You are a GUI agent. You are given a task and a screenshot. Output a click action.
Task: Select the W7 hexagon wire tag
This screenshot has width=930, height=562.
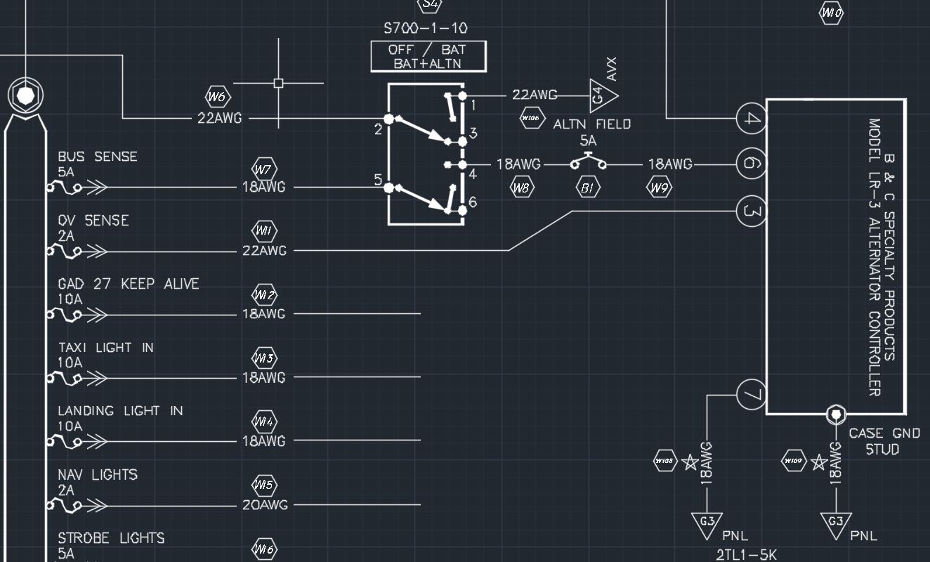pos(265,169)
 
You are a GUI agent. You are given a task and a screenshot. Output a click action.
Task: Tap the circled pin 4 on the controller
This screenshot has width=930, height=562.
pos(752,118)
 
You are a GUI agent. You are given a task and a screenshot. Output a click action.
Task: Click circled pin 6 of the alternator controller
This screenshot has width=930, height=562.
pos(750,164)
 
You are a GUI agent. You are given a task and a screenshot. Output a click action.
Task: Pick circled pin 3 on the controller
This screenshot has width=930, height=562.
pos(751,211)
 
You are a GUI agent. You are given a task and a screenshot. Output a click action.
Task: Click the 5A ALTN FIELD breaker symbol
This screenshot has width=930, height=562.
pos(589,164)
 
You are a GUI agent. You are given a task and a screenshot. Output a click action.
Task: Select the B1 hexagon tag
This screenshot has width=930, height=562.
pos(588,188)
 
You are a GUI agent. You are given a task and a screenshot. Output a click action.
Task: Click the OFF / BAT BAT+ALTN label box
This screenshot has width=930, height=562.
pos(428,56)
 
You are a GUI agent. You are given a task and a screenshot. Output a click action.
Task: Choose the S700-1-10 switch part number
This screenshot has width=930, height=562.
pos(426,29)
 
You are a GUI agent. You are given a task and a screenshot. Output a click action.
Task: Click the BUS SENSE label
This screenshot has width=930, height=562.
pos(98,157)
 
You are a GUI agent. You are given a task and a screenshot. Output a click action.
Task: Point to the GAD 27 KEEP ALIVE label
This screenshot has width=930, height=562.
pos(129,284)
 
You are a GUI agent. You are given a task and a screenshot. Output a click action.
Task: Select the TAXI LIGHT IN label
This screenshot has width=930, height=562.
pos(105,348)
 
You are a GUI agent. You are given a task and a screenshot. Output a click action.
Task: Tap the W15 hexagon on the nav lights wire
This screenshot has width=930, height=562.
pos(265,485)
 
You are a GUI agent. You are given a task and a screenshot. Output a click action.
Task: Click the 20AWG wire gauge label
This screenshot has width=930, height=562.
pos(264,505)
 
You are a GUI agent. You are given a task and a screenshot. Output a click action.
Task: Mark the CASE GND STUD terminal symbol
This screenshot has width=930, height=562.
pos(836,414)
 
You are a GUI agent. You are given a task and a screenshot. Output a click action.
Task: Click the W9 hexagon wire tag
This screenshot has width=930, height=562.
pos(658,188)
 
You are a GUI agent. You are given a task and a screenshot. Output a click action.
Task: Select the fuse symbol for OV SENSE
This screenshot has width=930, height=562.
pos(65,250)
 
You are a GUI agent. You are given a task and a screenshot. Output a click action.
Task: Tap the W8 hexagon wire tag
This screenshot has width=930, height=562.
pos(521,188)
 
